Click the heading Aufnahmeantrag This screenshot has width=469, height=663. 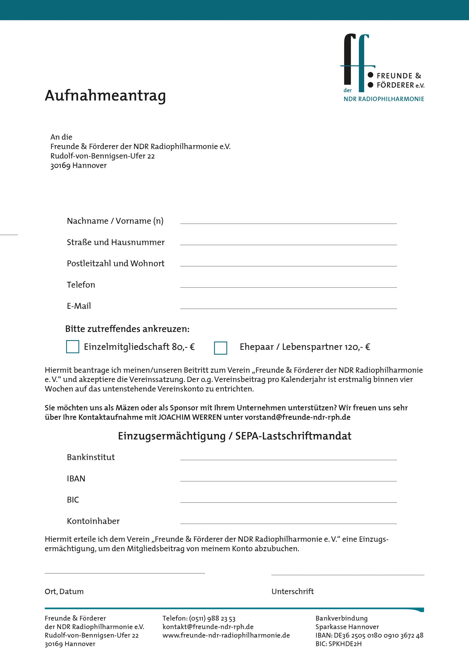point(105,96)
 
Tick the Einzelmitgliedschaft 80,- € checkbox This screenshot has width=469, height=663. point(73,347)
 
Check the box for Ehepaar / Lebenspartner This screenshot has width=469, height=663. point(220,348)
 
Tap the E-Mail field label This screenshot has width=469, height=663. point(79,306)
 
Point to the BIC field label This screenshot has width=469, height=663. point(73,500)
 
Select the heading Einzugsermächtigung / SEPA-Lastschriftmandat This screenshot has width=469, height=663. point(234,436)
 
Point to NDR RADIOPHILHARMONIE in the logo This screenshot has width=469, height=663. point(384,99)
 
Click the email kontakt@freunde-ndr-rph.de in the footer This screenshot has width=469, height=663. point(208,627)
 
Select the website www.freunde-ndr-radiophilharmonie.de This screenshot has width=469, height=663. point(226,635)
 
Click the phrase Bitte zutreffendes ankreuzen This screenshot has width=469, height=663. point(127,329)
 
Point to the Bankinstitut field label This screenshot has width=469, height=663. point(91,457)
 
